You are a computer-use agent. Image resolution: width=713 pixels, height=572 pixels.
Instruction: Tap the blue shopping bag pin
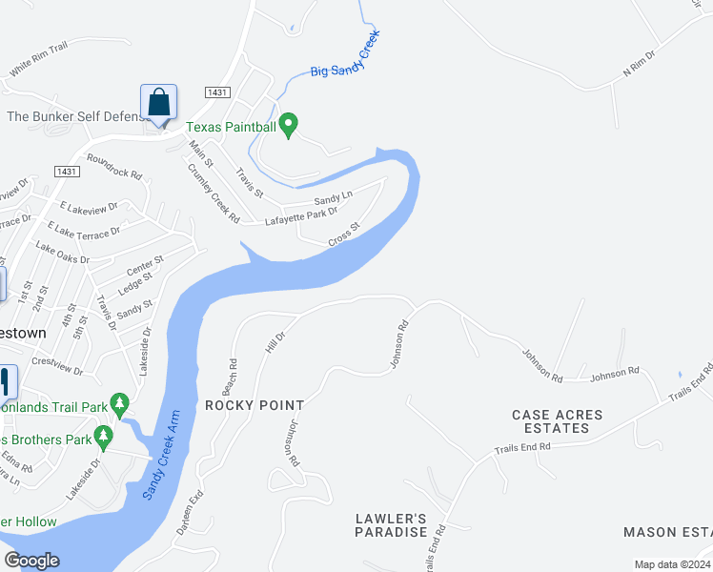158,102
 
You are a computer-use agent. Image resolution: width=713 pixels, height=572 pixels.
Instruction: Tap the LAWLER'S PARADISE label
391,525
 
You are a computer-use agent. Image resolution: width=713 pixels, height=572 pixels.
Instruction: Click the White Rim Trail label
38,58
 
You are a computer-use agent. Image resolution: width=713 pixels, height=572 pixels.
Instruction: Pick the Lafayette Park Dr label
301,217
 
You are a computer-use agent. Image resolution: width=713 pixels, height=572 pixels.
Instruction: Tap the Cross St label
343,235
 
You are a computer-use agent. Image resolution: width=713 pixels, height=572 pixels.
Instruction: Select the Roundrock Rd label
113,168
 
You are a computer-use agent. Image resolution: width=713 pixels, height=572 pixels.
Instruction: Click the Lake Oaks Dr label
62,253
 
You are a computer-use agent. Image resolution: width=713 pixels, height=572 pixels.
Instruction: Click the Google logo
31,561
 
